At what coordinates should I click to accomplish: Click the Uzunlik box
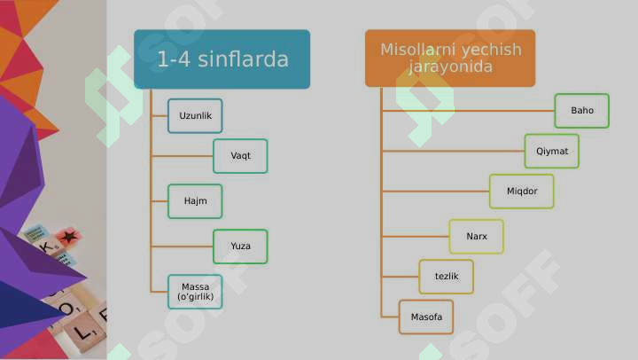coord(195,115)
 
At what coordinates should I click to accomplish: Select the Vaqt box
coord(240,156)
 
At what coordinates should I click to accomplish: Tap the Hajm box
coord(195,201)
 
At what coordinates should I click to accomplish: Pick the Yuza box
coord(240,247)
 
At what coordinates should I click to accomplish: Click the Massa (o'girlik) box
coord(195,292)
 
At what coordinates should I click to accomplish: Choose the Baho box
coord(582,111)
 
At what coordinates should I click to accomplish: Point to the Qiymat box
coord(552,151)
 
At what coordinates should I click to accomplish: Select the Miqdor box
coord(522,192)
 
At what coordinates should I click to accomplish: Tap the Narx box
coord(477,237)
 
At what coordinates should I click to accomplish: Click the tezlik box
coord(447,277)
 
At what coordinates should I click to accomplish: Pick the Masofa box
coord(426,317)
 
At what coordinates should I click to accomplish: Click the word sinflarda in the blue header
coord(244,59)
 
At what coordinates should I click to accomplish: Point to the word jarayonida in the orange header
coord(450,67)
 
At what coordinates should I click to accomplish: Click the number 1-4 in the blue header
coord(174,59)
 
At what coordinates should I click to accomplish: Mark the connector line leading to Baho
coord(468,111)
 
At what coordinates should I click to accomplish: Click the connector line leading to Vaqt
coord(182,156)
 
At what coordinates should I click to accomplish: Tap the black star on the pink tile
coord(68,235)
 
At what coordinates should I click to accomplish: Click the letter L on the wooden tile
coord(82,333)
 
